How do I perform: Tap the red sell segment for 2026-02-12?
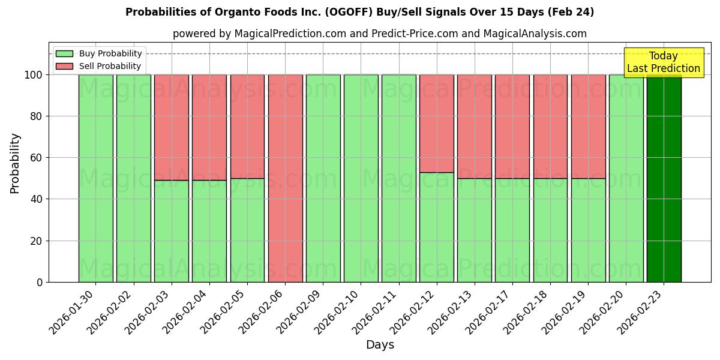437,123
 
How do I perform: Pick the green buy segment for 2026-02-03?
172,231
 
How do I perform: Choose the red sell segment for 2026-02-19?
588,126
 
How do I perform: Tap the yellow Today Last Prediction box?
663,62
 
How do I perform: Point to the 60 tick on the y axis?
37,158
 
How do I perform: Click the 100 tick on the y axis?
35,75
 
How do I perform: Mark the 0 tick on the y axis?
40,282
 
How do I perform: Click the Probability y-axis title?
15,163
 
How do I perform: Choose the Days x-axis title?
380,345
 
